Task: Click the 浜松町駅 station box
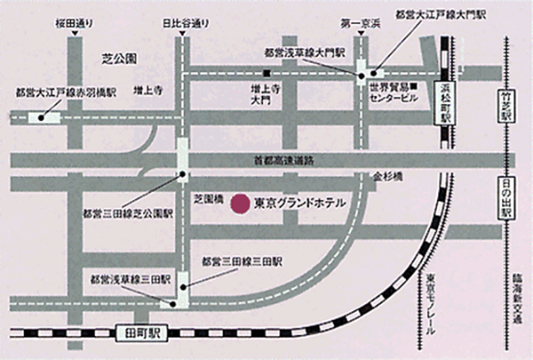click(x=446, y=103)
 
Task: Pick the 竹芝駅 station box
click(x=507, y=104)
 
